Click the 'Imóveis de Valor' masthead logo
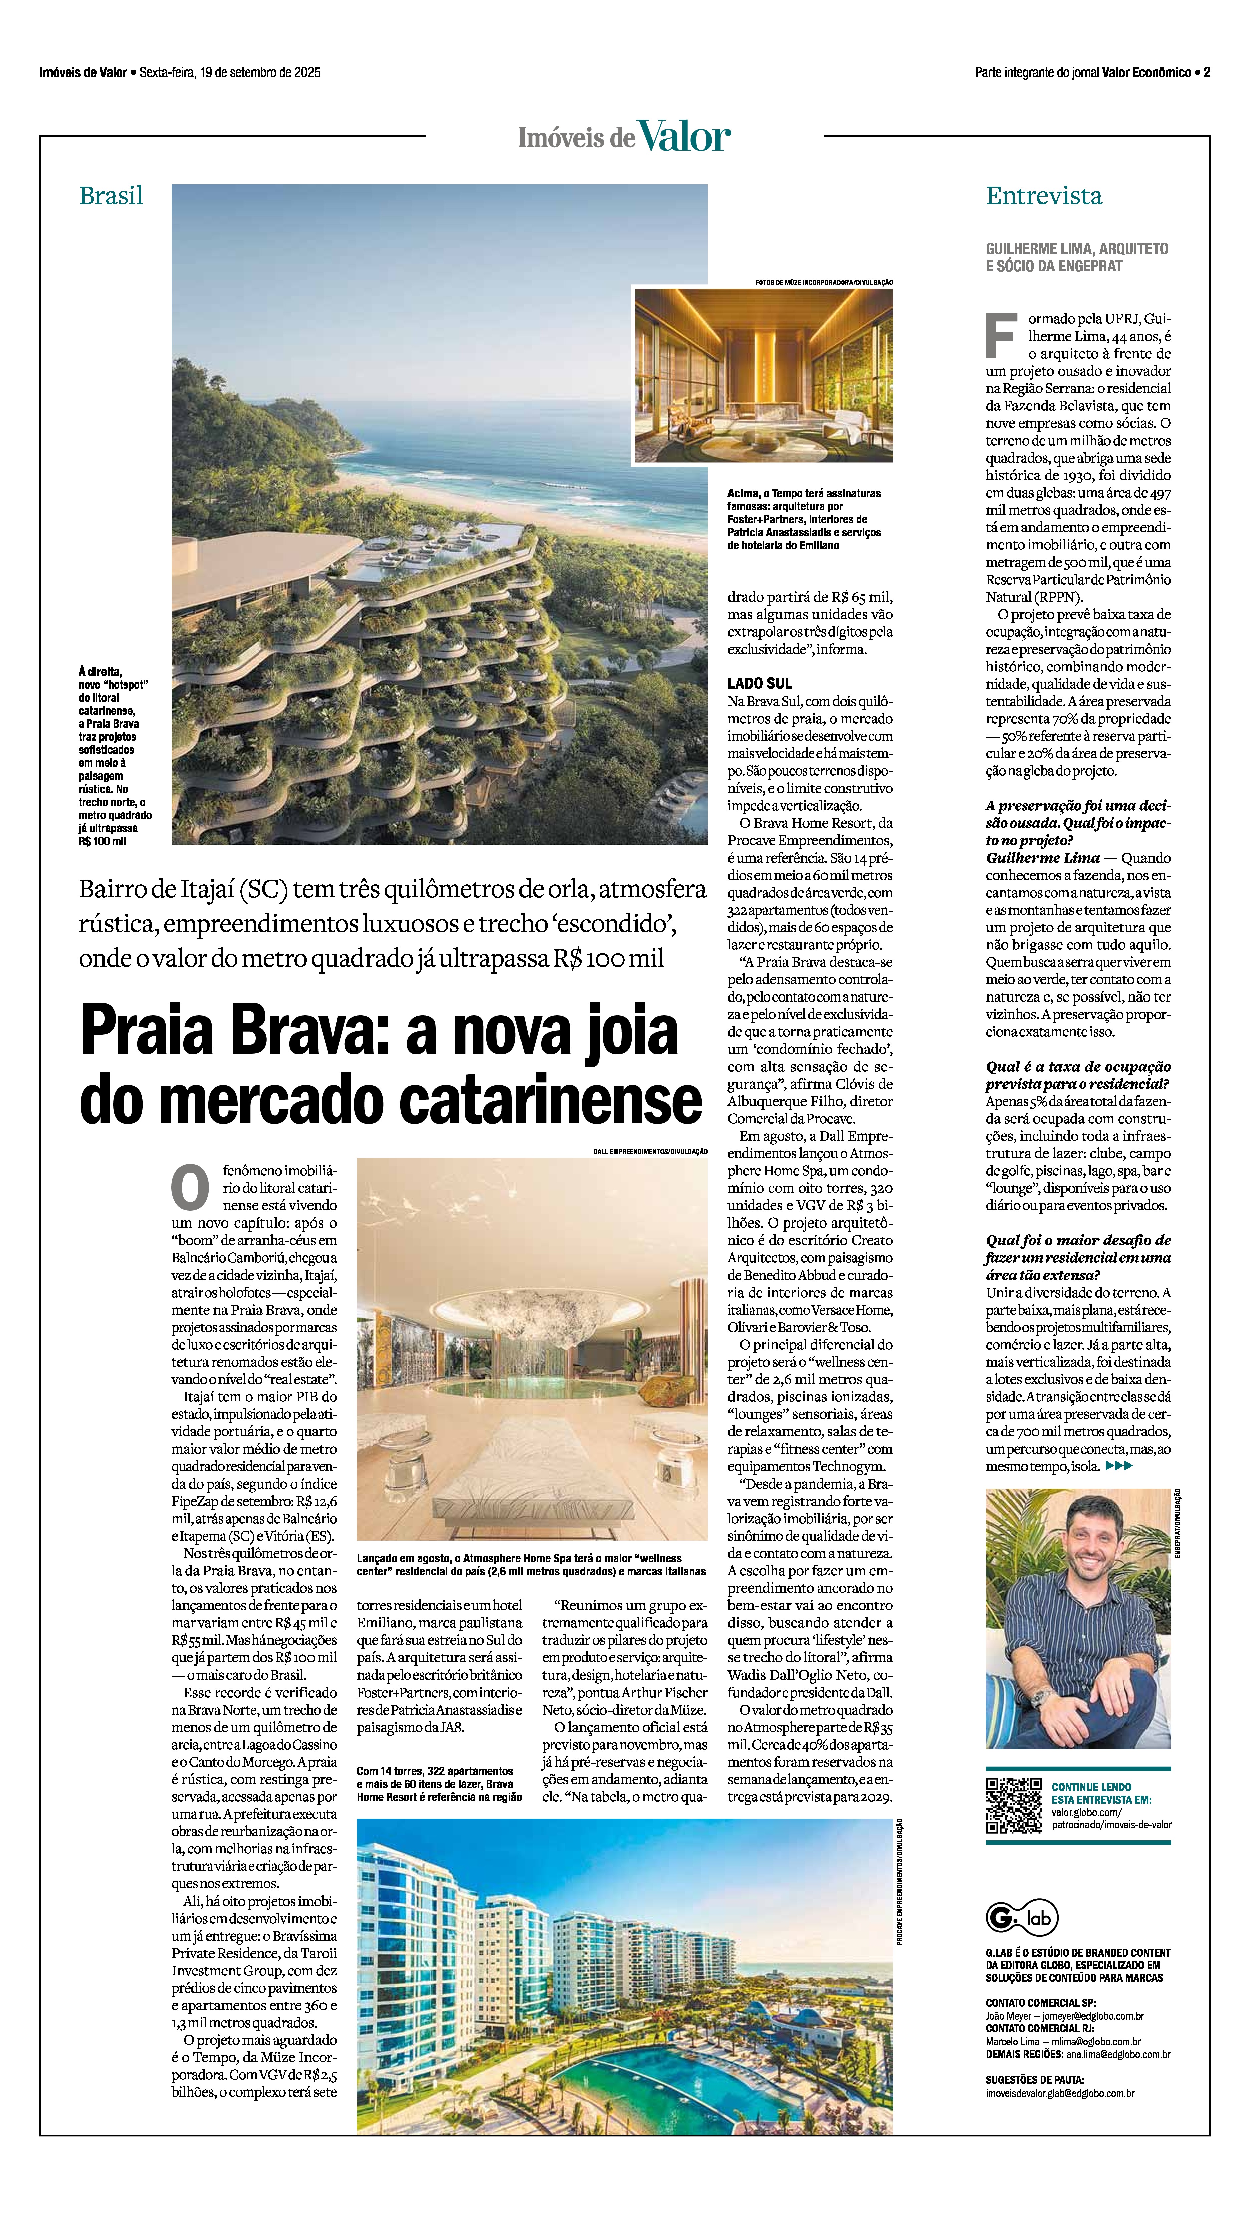pos(624,136)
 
